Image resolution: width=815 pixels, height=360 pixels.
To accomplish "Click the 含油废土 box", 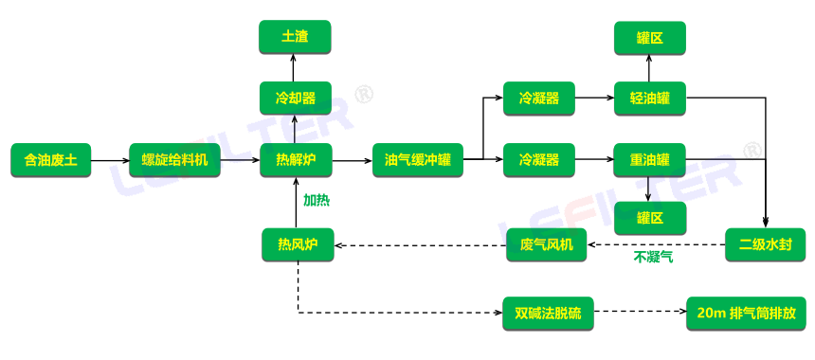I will (50, 160).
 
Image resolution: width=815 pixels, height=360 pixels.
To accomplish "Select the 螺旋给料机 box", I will (174, 160).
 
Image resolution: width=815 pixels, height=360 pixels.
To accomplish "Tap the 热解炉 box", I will (297, 160).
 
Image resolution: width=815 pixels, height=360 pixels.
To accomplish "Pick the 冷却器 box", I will (296, 98).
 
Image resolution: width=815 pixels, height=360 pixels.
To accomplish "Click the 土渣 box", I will (296, 38).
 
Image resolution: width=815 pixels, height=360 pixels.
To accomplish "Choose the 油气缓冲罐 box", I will (417, 160).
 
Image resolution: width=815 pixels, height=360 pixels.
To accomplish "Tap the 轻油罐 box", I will (649, 98).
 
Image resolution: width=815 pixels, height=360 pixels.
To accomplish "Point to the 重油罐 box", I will (649, 160).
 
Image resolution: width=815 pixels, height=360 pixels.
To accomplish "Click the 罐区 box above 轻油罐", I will (649, 39).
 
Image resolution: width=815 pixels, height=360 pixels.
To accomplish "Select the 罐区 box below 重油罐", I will (649, 218).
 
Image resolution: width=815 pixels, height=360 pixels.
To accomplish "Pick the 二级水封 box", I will (765, 244).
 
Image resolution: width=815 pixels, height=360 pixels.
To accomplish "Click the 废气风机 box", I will (547, 244).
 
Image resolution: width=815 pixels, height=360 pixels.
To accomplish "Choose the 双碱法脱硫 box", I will (548, 313).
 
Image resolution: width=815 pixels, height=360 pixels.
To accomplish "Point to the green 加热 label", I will (317, 201).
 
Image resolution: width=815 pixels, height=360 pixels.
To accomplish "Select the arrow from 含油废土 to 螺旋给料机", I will (109, 160).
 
